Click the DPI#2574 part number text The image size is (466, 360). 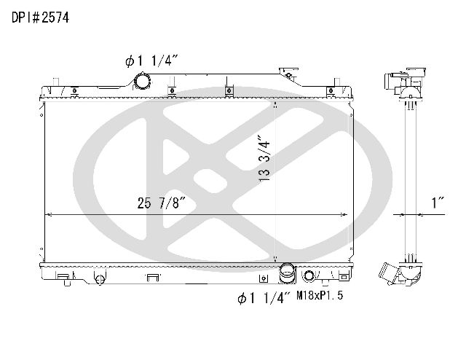pos(41,17)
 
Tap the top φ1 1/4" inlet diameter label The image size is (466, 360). pos(151,61)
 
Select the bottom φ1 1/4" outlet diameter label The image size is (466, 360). pos(264,298)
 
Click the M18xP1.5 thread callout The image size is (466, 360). pos(320,295)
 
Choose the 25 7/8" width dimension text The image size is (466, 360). pos(162,203)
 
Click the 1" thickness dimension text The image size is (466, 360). pos(438,203)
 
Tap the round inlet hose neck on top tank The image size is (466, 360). pos(143,81)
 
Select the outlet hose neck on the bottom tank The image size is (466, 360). pos(288,273)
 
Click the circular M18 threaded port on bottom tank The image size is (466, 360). pos(309,275)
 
